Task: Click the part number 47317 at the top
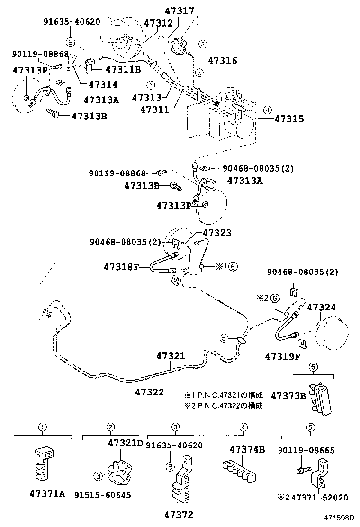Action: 180,10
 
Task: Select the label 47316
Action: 222,61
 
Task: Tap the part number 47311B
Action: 123,69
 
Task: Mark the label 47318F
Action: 121,267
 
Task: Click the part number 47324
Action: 322,307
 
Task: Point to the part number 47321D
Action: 125,443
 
